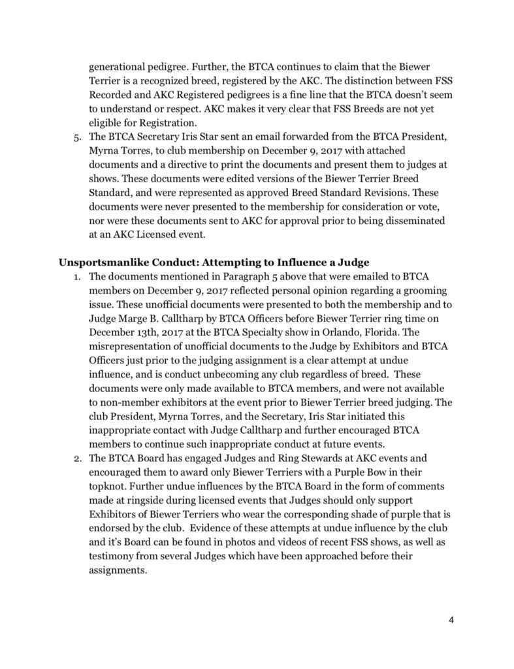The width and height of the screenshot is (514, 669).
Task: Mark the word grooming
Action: coord(398,292)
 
